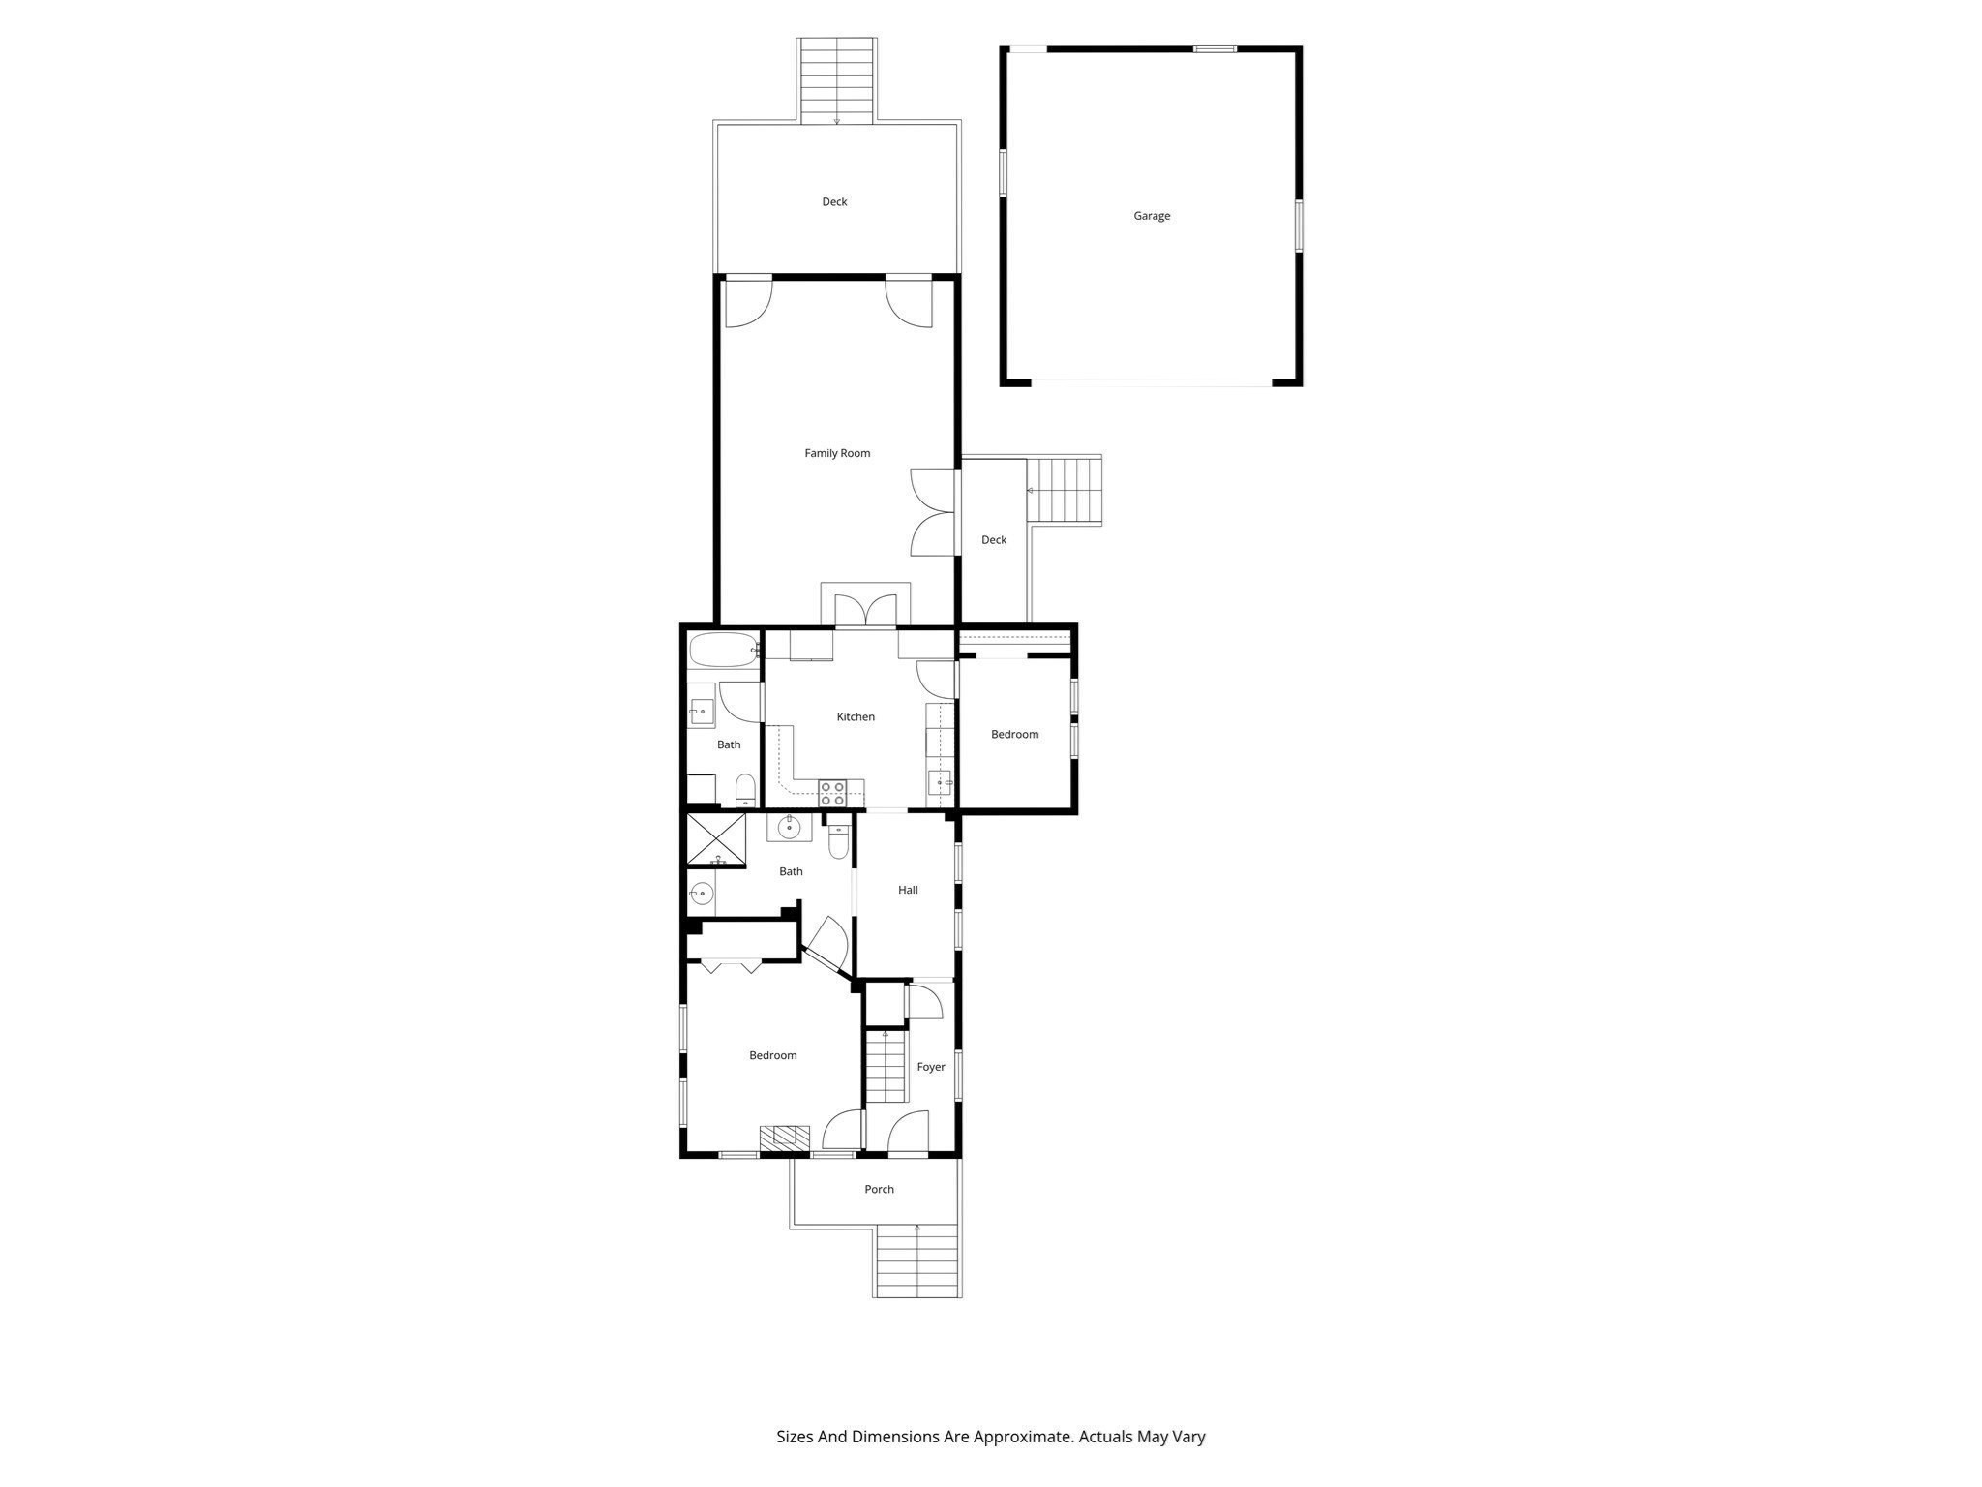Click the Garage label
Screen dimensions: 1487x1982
(1152, 216)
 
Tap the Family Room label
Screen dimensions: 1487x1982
(837, 453)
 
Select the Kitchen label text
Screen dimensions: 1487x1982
(856, 717)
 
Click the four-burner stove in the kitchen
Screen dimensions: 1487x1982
(832, 793)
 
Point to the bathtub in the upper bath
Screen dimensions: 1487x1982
(723, 650)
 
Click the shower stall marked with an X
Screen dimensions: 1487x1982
(716, 838)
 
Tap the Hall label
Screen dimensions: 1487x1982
(908, 890)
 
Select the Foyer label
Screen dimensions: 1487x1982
(931, 1067)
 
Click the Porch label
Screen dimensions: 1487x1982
(879, 1189)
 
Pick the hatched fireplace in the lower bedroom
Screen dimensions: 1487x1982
(784, 1138)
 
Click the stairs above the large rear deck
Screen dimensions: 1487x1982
(838, 81)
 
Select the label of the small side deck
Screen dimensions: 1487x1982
(994, 540)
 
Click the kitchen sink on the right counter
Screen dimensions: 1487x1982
(940, 781)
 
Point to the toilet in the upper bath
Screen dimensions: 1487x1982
(745, 789)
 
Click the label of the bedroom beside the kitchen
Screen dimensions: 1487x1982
(1014, 735)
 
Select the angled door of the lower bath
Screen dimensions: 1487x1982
(826, 944)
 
